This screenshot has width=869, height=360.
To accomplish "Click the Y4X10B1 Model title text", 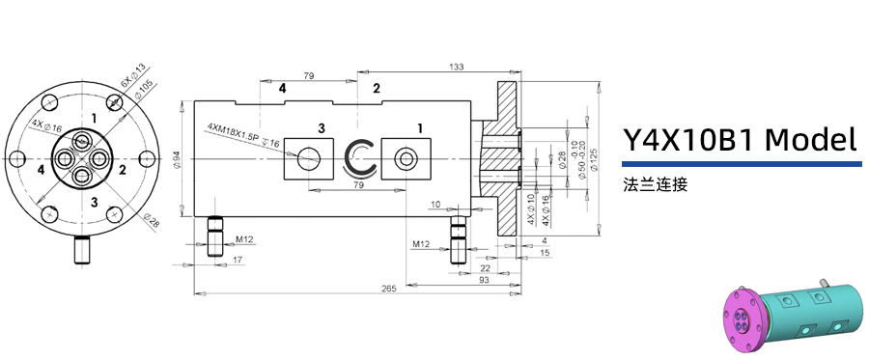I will tap(741, 141).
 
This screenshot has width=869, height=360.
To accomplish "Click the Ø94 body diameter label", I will tap(178, 160).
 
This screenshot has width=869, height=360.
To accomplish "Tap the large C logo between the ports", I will tap(362, 158).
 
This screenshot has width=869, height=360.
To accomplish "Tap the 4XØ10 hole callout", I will tap(530, 208).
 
